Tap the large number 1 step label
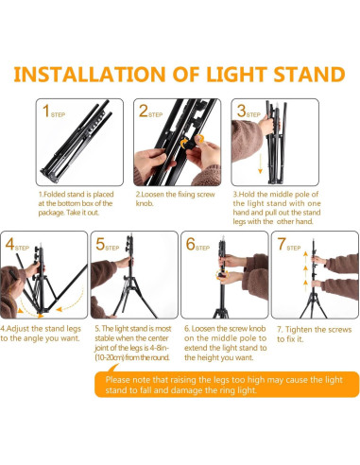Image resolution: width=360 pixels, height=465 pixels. [x=46, y=112]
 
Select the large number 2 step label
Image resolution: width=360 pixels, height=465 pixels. [x=144, y=112]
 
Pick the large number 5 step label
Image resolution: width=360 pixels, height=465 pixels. [x=101, y=244]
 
